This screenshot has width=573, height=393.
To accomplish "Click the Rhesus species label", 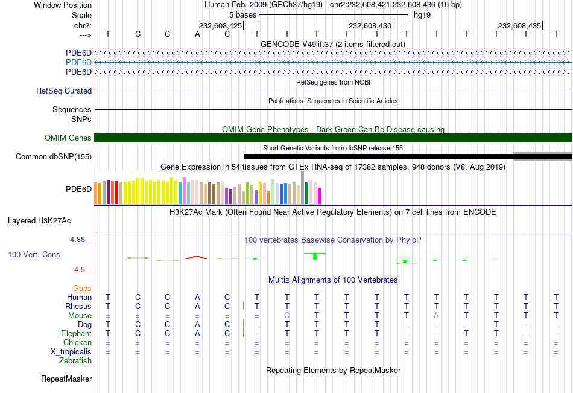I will coord(78,306).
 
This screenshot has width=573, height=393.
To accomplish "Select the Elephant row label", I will coord(76,333).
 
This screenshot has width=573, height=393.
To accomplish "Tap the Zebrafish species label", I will coord(75,361).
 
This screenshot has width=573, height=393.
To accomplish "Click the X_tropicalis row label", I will coord(71,351).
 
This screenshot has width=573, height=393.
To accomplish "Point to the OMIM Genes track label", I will coord(68,138).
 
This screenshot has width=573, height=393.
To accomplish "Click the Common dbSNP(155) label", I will coord(54,157).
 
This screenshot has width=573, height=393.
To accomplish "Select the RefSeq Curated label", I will coord(64,91).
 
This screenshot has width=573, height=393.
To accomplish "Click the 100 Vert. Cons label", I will coord(34,255).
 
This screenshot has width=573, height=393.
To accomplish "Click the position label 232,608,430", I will coord(370,25).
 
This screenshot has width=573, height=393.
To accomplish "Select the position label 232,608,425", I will coord(220,25).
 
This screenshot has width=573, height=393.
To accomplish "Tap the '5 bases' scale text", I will coord(242,14).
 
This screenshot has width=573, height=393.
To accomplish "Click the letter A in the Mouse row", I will coord(437,315).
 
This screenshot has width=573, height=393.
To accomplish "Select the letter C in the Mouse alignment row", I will coord(287,315).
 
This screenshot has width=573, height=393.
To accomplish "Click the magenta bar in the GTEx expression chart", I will coord(319,196).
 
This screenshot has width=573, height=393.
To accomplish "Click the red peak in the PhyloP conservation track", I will coord(197,257).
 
